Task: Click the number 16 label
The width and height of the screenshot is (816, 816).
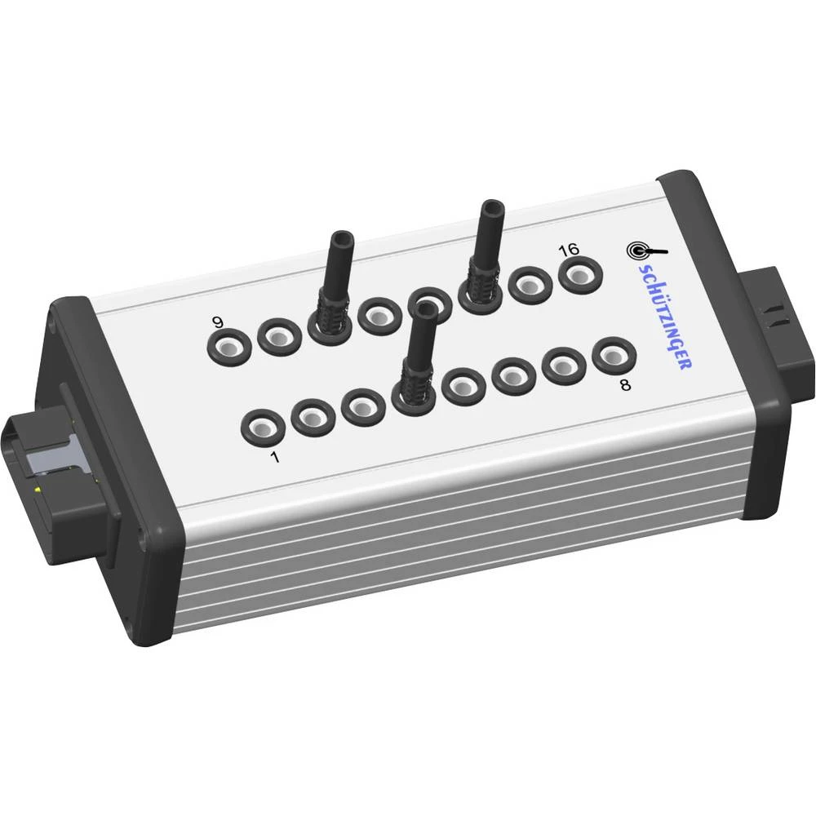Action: coord(569,250)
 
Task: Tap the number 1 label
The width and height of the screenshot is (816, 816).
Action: coord(274,458)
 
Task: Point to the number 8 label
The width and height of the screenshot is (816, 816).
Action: coord(625,385)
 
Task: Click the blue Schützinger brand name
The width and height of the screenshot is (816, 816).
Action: coord(661,315)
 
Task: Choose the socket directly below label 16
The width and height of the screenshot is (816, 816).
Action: coord(581,277)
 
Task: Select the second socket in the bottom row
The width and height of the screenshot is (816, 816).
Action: coord(313,416)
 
